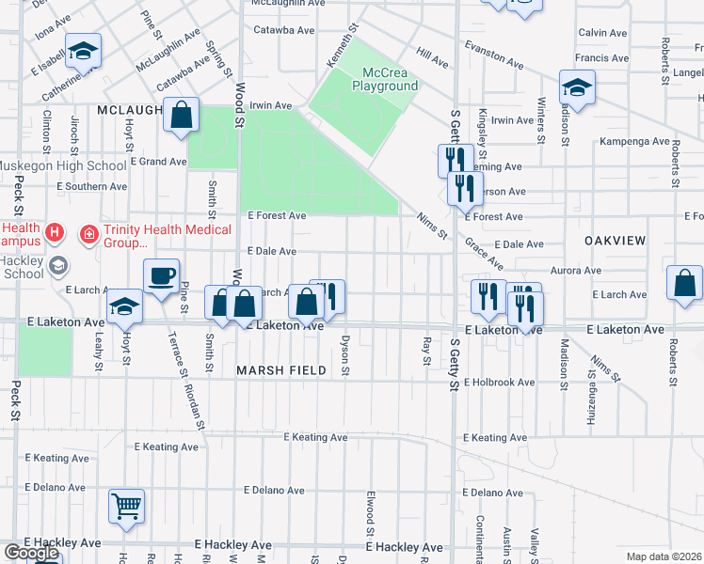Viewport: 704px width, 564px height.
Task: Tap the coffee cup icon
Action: (161, 275)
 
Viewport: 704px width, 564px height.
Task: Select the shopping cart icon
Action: (126, 506)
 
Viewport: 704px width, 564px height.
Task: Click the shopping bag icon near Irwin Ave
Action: (181, 116)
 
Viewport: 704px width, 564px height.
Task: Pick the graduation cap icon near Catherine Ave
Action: (84, 52)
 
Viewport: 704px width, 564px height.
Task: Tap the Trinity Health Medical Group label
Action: (155, 236)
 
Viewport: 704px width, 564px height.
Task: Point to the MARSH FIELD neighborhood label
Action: (280, 370)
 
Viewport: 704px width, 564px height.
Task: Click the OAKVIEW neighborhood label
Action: (615, 241)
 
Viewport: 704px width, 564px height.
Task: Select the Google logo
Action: (31, 553)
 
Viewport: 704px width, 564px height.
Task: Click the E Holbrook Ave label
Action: (499, 383)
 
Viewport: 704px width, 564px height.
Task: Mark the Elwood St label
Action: (371, 508)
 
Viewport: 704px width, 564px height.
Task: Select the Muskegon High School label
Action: (63, 166)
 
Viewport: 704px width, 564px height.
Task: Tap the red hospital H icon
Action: (56, 231)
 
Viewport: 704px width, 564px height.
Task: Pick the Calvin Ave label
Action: (604, 32)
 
